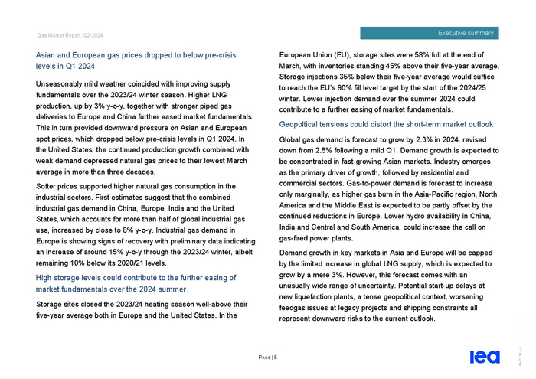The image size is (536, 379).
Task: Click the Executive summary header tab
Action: pyautogui.click(x=466, y=33)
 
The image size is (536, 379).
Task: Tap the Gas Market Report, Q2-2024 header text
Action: pyautogui.click(x=70, y=35)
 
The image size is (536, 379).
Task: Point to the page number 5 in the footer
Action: pyautogui.click(x=274, y=358)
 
